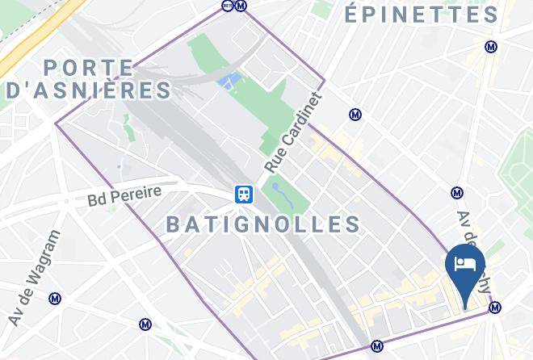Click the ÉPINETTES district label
422,15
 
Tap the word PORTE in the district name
89,68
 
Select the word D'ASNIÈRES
89,90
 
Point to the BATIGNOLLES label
263,224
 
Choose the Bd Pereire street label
125,195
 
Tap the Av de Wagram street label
34,278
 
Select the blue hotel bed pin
465,266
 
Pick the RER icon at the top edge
227,6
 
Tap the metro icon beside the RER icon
241,6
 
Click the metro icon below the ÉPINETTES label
491,47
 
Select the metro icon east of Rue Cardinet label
355,115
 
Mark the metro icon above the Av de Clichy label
457,193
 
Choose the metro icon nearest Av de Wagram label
55,299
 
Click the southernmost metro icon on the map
376,347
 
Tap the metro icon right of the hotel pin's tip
496,308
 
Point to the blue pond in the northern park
229,81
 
